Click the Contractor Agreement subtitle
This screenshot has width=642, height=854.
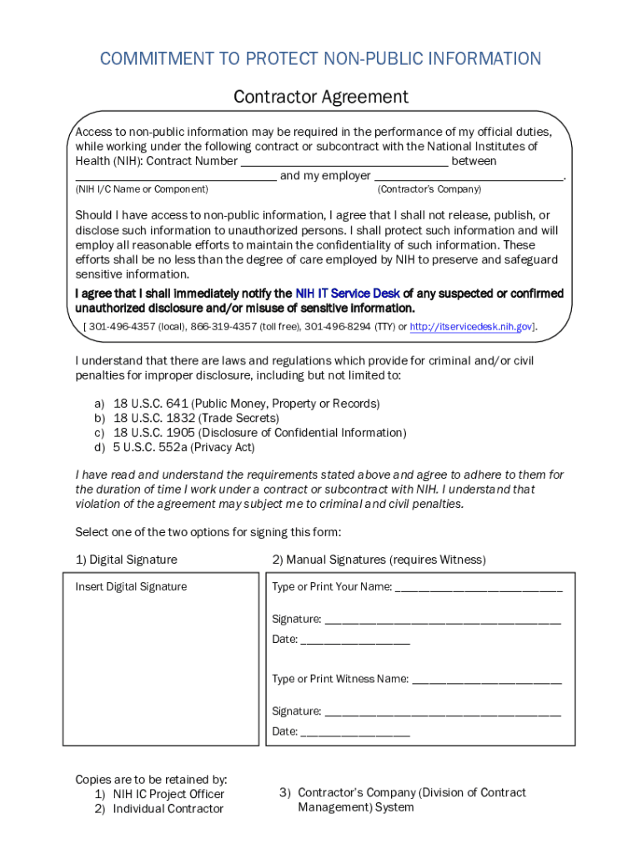(321, 97)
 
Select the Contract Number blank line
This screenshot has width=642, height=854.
(344, 162)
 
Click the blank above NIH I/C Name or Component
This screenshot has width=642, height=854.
(176, 176)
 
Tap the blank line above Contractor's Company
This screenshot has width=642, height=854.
(469, 176)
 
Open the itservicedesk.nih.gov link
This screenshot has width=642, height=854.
(471, 326)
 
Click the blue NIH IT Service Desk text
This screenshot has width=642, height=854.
(348, 294)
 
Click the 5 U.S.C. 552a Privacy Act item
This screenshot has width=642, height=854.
(183, 448)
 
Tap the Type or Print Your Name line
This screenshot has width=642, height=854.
(479, 587)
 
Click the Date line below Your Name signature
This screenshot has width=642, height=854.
(355, 640)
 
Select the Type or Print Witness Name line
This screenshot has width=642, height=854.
(487, 679)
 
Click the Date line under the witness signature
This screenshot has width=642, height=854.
(355, 732)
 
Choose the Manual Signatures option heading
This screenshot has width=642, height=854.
(379, 560)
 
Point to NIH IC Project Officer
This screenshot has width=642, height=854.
(168, 794)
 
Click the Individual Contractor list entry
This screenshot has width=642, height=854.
(168, 809)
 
